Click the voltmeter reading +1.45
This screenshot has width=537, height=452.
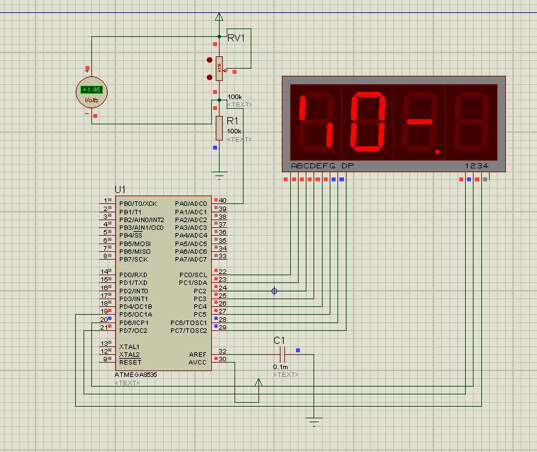(91, 90)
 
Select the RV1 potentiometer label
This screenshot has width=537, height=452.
(236, 38)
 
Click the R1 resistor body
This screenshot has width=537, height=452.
(219, 128)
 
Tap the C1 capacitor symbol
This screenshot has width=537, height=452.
(281, 354)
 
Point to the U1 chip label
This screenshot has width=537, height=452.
(120, 189)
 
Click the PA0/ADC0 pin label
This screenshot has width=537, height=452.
(190, 204)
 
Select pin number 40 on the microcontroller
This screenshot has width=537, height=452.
(223, 201)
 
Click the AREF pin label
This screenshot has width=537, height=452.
(198, 354)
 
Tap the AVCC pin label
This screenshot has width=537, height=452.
(197, 362)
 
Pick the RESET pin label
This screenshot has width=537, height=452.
(130, 362)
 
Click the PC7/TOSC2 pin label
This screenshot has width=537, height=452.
(189, 330)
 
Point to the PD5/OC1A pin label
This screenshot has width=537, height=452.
(135, 315)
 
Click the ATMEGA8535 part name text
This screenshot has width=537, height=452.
(136, 375)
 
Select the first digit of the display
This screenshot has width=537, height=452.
(315, 121)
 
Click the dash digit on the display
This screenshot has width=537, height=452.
(419, 121)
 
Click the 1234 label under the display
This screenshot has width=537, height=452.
(477, 166)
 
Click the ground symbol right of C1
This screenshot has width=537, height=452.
(315, 423)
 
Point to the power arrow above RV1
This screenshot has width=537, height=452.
(219, 17)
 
